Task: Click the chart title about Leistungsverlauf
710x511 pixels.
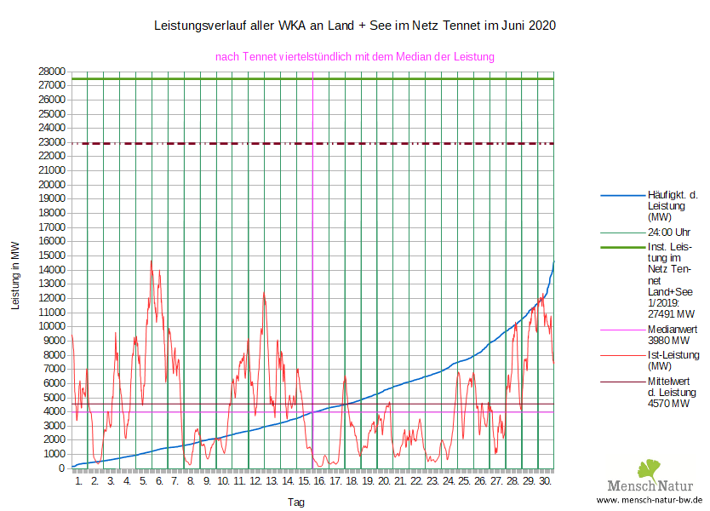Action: [x=354, y=26]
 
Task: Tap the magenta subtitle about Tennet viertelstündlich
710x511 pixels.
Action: [x=355, y=57]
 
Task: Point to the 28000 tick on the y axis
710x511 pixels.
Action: [x=52, y=72]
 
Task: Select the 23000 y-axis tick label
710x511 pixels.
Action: [x=52, y=142]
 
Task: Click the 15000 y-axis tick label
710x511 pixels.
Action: [x=52, y=255]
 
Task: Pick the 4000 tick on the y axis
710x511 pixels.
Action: [x=54, y=411]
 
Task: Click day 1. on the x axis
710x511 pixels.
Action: [x=78, y=481]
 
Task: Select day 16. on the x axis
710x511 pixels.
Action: [x=320, y=481]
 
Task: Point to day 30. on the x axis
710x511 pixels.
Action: [x=546, y=481]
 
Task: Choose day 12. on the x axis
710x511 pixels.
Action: [x=255, y=481]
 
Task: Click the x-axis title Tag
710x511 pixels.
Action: [x=295, y=502]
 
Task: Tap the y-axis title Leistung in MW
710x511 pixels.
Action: [x=15, y=275]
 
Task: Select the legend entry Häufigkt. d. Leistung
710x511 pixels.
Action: [x=673, y=206]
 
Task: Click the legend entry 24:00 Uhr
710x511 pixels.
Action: [x=669, y=232]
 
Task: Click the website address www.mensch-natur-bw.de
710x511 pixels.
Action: [x=650, y=500]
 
